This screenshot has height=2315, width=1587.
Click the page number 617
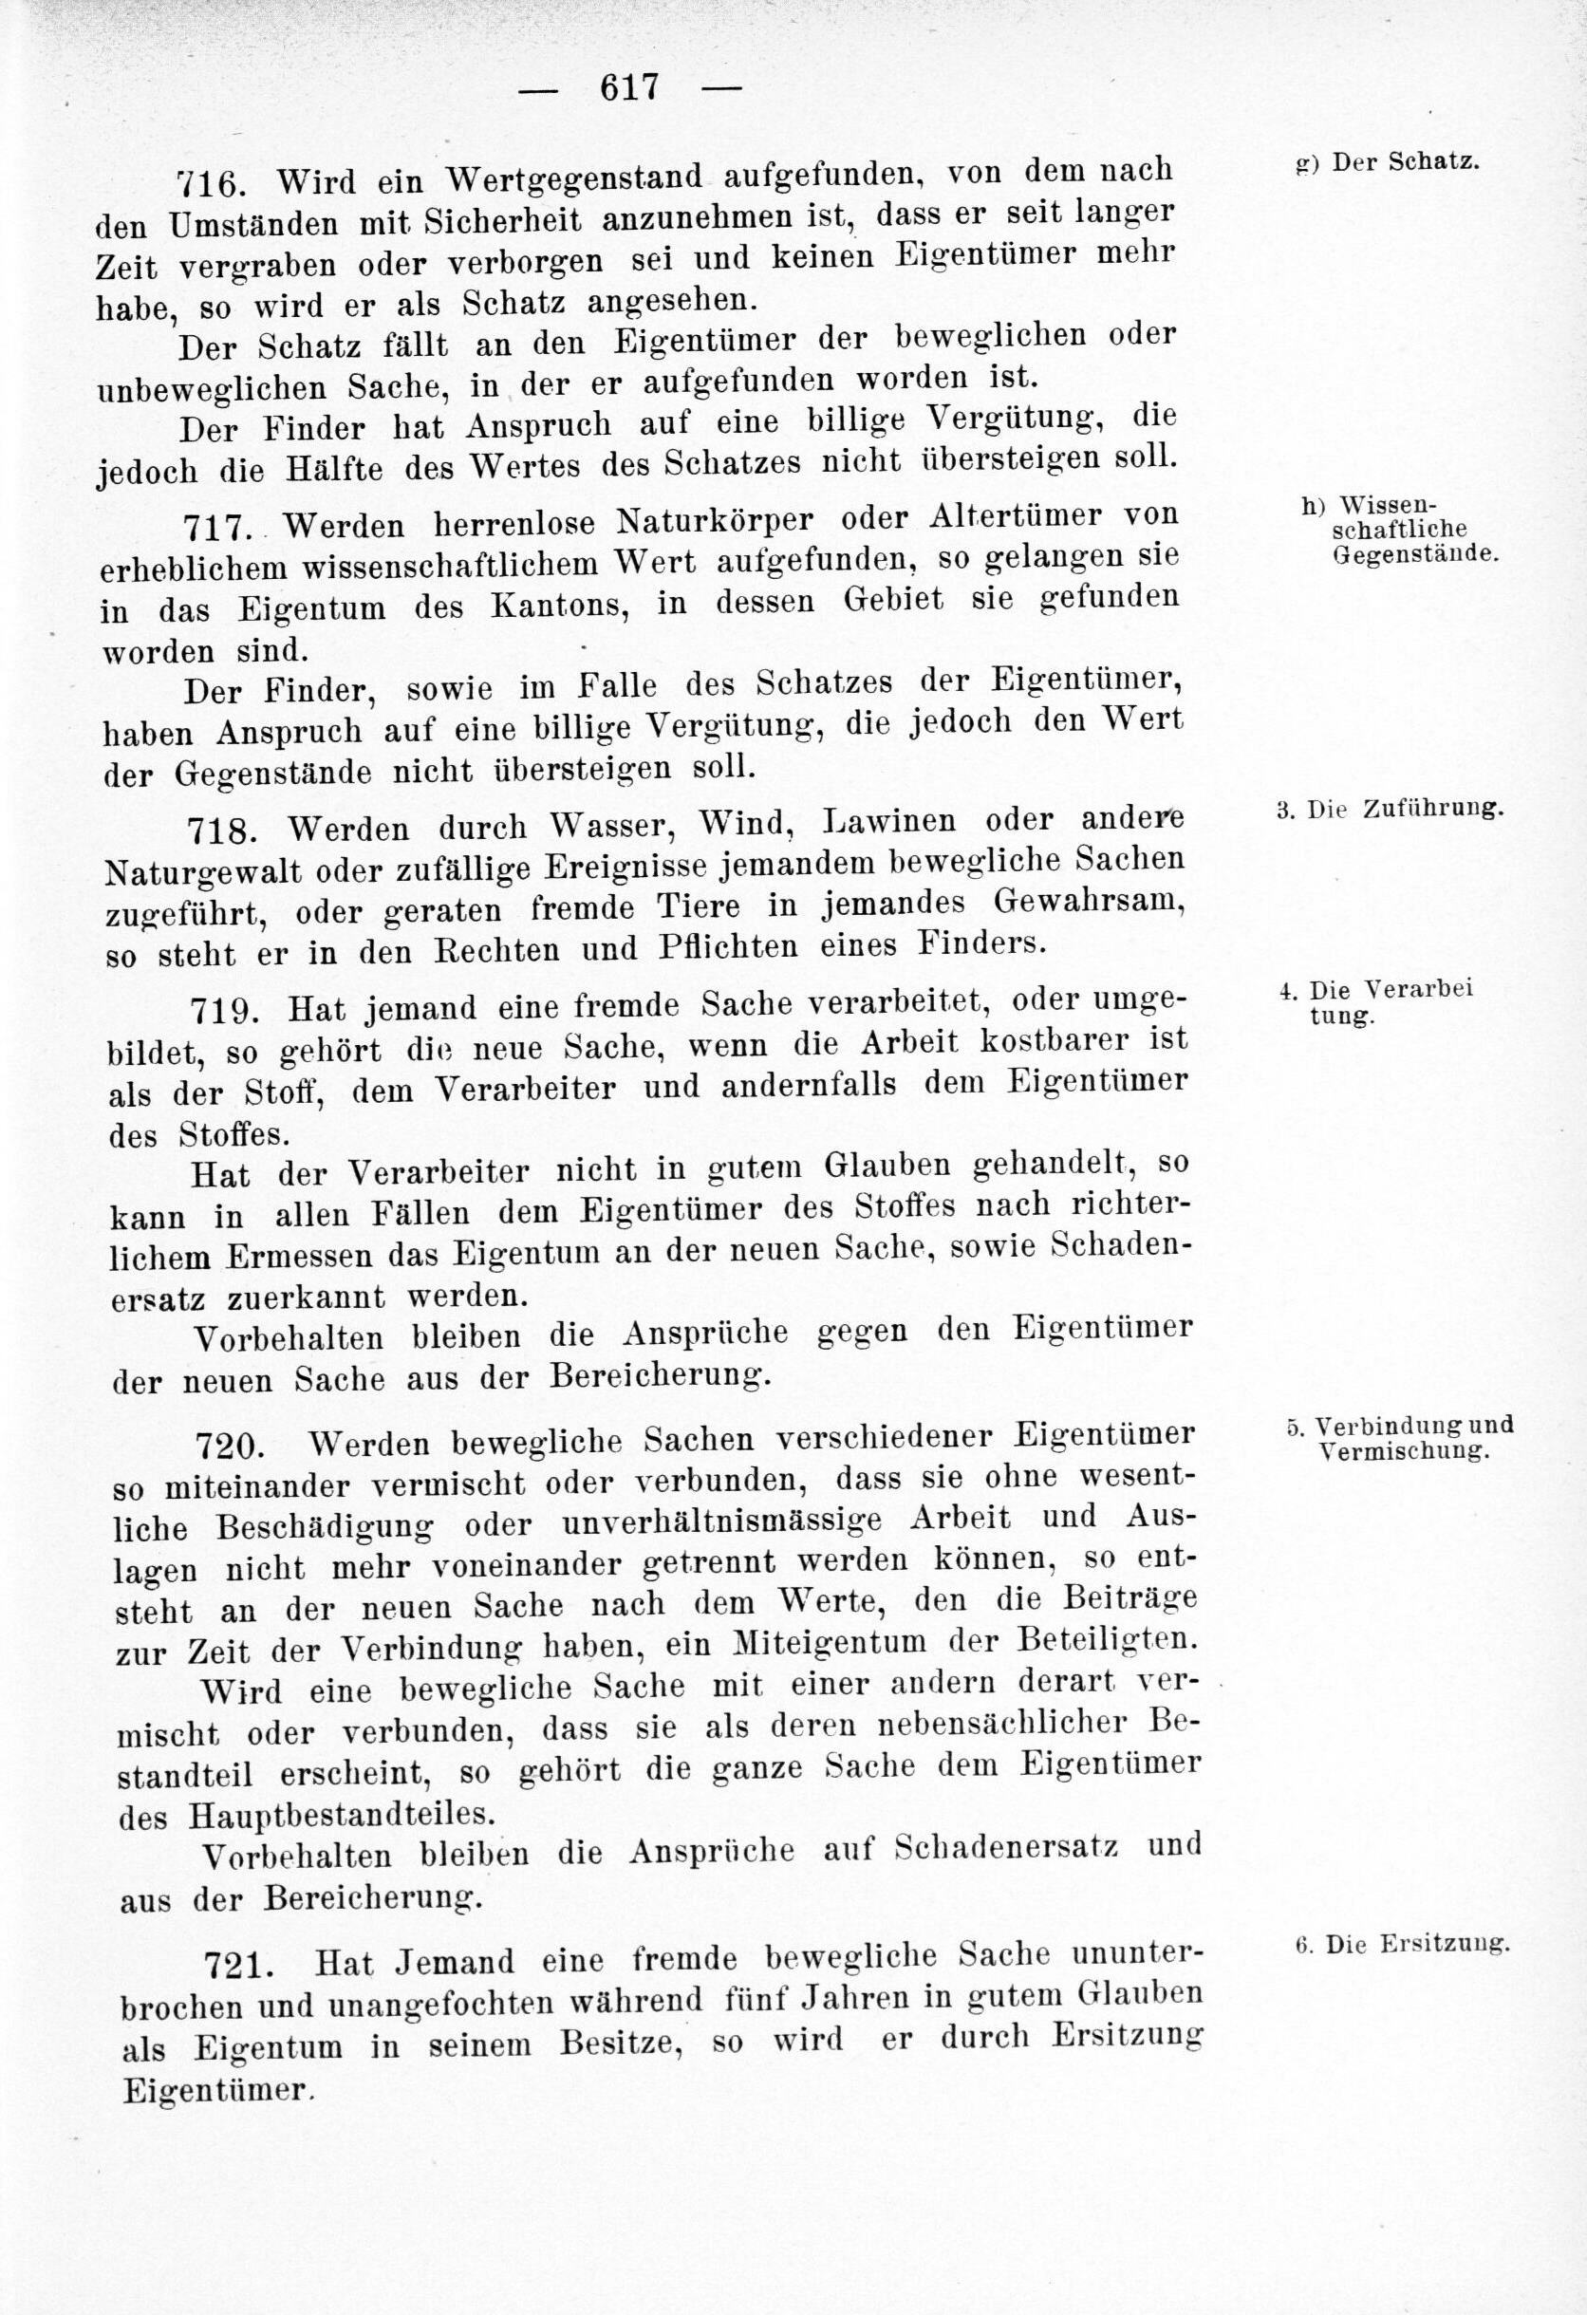pyautogui.click(x=628, y=87)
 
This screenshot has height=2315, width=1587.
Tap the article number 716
pyautogui.click(x=209, y=183)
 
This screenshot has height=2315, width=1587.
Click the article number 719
pyautogui.click(x=226, y=1010)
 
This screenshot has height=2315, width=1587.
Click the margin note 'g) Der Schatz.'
pyautogui.click(x=1387, y=163)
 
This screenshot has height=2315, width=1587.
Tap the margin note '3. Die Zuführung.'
pyautogui.click(x=1389, y=809)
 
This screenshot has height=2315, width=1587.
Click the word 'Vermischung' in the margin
pyautogui.click(x=1404, y=1451)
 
